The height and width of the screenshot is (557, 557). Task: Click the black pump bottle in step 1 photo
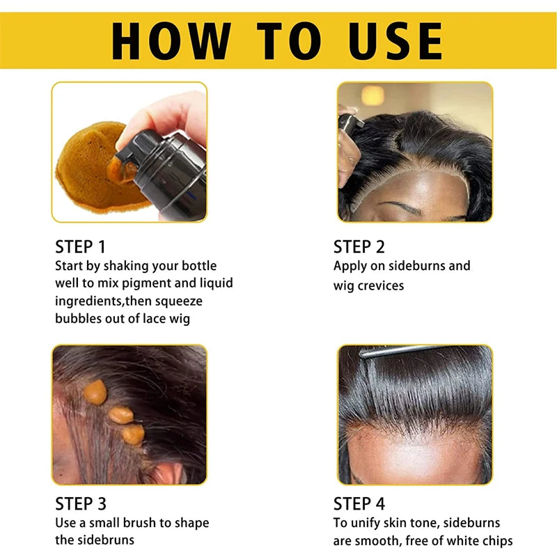pyautogui.click(x=171, y=171)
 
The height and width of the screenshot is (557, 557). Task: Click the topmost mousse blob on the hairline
pyautogui.click(x=95, y=392)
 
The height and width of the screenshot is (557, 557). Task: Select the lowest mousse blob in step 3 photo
pyautogui.click(x=132, y=434)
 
